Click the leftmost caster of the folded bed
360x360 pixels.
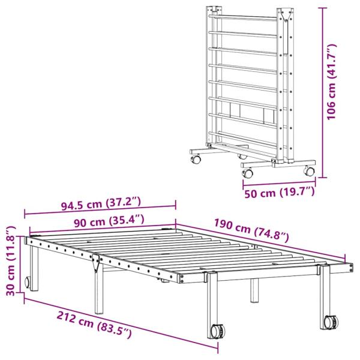pyautogui.click(x=196, y=160)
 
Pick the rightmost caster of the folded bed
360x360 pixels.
pyautogui.click(x=309, y=171)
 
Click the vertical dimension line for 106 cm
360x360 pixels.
pyautogui.click(x=323, y=90)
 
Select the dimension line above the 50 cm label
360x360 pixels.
pyautogui.click(x=279, y=181)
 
